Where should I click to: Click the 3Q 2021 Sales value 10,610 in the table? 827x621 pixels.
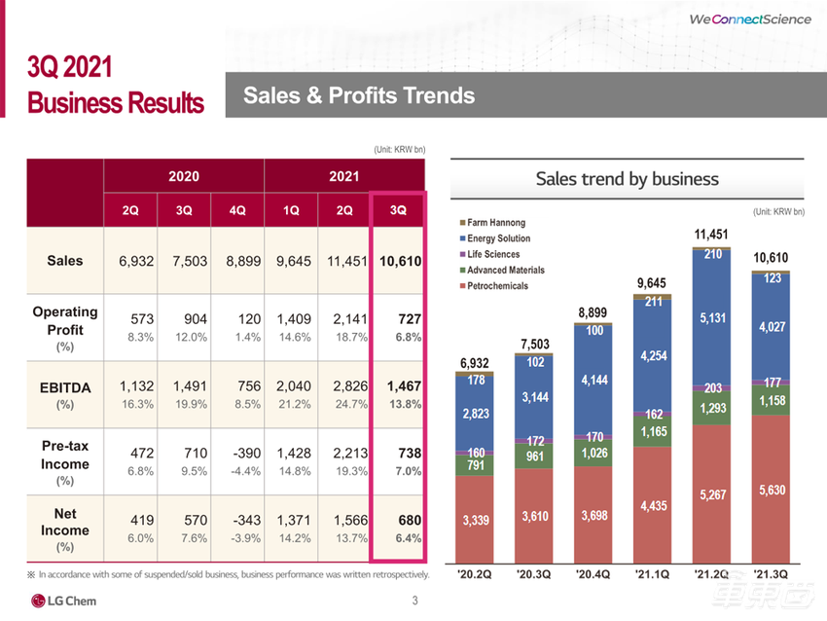tap(399, 261)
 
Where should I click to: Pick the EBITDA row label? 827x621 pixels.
tap(64, 386)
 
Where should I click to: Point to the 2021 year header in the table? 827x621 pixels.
tap(345, 176)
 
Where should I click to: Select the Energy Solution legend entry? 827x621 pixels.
tap(499, 238)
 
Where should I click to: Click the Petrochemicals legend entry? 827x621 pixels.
tap(498, 285)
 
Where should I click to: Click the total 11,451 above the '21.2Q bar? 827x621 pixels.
tap(711, 235)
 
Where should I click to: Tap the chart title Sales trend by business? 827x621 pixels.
tap(628, 179)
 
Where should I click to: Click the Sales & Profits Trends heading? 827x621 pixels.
tap(359, 95)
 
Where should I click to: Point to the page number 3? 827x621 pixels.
tap(415, 600)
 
